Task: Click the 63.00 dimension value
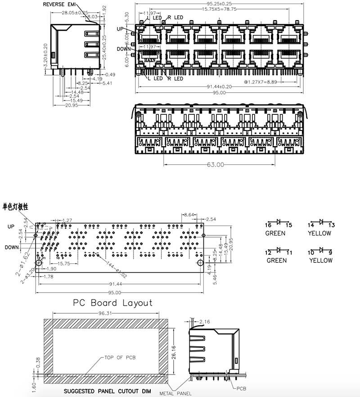click(x=216, y=165)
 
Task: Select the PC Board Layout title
click(x=112, y=302)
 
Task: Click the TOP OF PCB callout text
click(x=120, y=357)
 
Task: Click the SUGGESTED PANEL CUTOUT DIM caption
click(x=107, y=391)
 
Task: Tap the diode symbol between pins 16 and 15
click(x=279, y=222)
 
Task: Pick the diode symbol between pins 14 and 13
click(x=321, y=222)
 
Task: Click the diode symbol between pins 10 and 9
click(x=321, y=249)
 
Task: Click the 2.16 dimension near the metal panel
click(x=205, y=321)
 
